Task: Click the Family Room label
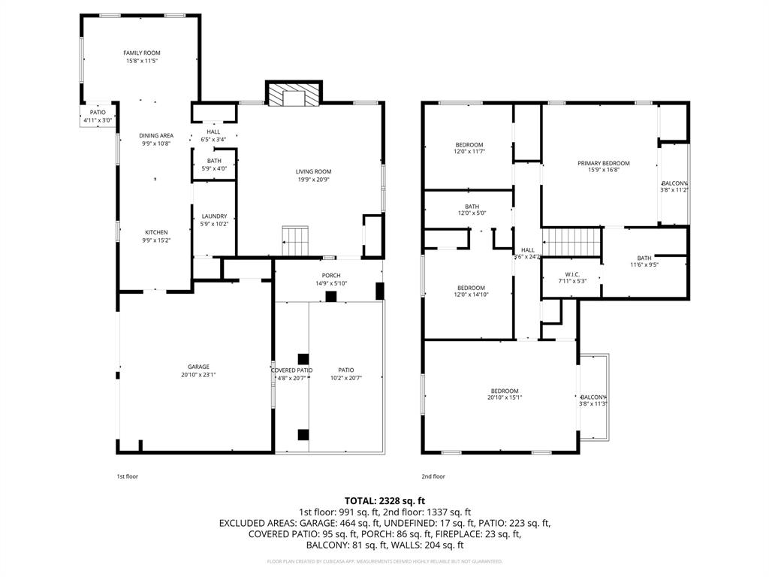click(142, 53)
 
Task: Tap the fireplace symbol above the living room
click(294, 95)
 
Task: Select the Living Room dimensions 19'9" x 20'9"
click(313, 180)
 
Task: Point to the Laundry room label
click(214, 216)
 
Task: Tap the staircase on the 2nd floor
click(573, 243)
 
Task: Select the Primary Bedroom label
click(603, 163)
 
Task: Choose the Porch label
click(331, 275)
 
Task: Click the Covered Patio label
click(291, 370)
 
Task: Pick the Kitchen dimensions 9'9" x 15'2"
click(156, 240)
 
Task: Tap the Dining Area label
click(156, 136)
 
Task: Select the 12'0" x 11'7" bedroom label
click(469, 144)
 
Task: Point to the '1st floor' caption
click(127, 476)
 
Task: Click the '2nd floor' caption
click(433, 476)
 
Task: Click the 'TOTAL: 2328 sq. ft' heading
click(384, 500)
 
